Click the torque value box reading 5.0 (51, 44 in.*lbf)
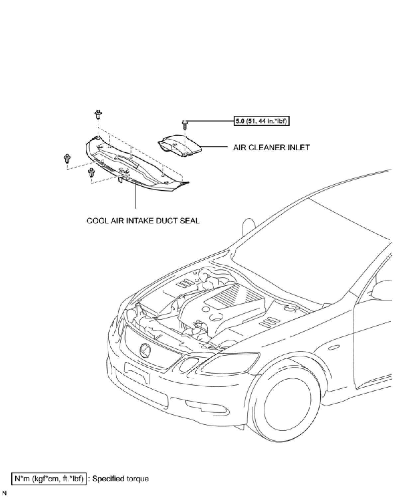261,121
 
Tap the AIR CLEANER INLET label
271,147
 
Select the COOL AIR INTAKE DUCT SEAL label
143,221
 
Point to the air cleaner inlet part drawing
179,146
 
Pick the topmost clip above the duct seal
98,114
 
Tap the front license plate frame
137,372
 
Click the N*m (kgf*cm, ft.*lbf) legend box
49,479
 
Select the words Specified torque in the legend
120,479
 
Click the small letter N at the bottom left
4,493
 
